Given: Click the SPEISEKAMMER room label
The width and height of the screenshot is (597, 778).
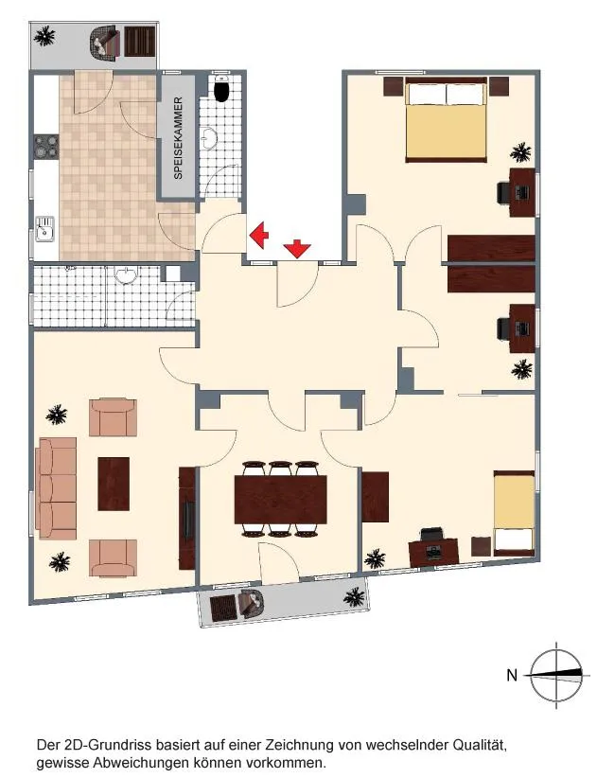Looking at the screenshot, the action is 179,138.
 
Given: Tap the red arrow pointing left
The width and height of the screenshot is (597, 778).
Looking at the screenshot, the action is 258,234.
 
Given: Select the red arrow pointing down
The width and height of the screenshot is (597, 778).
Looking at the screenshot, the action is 297,248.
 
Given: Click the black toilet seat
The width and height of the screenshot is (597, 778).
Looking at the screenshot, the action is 221,90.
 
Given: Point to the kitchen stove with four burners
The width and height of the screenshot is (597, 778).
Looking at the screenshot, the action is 46,147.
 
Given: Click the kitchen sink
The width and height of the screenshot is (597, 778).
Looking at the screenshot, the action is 44,229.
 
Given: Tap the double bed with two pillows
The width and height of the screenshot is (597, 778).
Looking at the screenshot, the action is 446,119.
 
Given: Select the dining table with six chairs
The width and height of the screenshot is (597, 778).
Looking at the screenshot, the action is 281,499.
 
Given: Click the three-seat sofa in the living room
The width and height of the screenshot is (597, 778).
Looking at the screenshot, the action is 57,488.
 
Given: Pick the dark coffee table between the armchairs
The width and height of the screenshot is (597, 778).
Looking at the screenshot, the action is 114,484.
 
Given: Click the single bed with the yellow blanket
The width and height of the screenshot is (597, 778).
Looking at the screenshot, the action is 514,514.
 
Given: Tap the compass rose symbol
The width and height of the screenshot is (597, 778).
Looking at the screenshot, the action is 557,675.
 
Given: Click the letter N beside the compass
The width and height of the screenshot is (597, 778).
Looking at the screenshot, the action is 512,675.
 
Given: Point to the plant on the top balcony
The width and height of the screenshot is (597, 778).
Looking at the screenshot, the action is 44,36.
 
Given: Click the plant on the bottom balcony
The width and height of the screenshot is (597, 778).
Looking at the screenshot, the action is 354,597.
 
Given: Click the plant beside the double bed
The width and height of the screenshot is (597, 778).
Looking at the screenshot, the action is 521,152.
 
